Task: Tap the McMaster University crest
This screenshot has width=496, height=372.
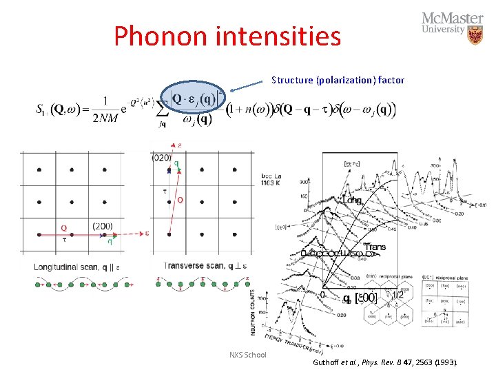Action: point(475,35)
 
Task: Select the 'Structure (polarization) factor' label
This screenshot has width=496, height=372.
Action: point(338,80)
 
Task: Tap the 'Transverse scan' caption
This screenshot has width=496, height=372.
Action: point(200,266)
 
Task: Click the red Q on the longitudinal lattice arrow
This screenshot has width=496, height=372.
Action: point(63,228)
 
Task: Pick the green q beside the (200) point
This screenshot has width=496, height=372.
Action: point(110,242)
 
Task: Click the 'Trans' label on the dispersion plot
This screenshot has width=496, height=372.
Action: point(375,247)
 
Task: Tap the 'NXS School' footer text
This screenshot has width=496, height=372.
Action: point(247,354)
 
